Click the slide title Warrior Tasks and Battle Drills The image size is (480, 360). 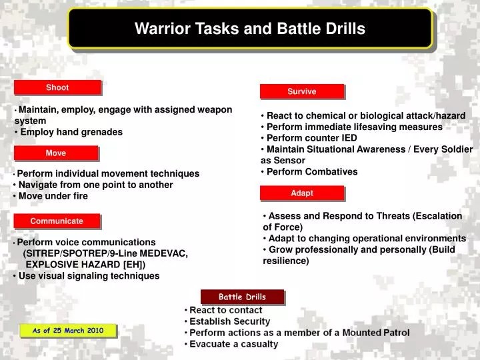[250, 29]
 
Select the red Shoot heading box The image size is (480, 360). [57, 87]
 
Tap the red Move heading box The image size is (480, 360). [56, 153]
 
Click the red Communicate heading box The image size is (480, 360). [57, 221]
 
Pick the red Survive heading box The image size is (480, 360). [301, 91]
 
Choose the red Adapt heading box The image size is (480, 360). [301, 193]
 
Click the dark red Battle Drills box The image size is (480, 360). [242, 297]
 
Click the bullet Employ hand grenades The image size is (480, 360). [71, 132]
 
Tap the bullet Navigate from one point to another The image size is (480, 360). [95, 185]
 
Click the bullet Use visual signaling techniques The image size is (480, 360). [89, 275]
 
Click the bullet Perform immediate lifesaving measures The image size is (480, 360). [354, 127]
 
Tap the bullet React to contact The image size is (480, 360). [225, 310]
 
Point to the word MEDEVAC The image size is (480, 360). [163, 253]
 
